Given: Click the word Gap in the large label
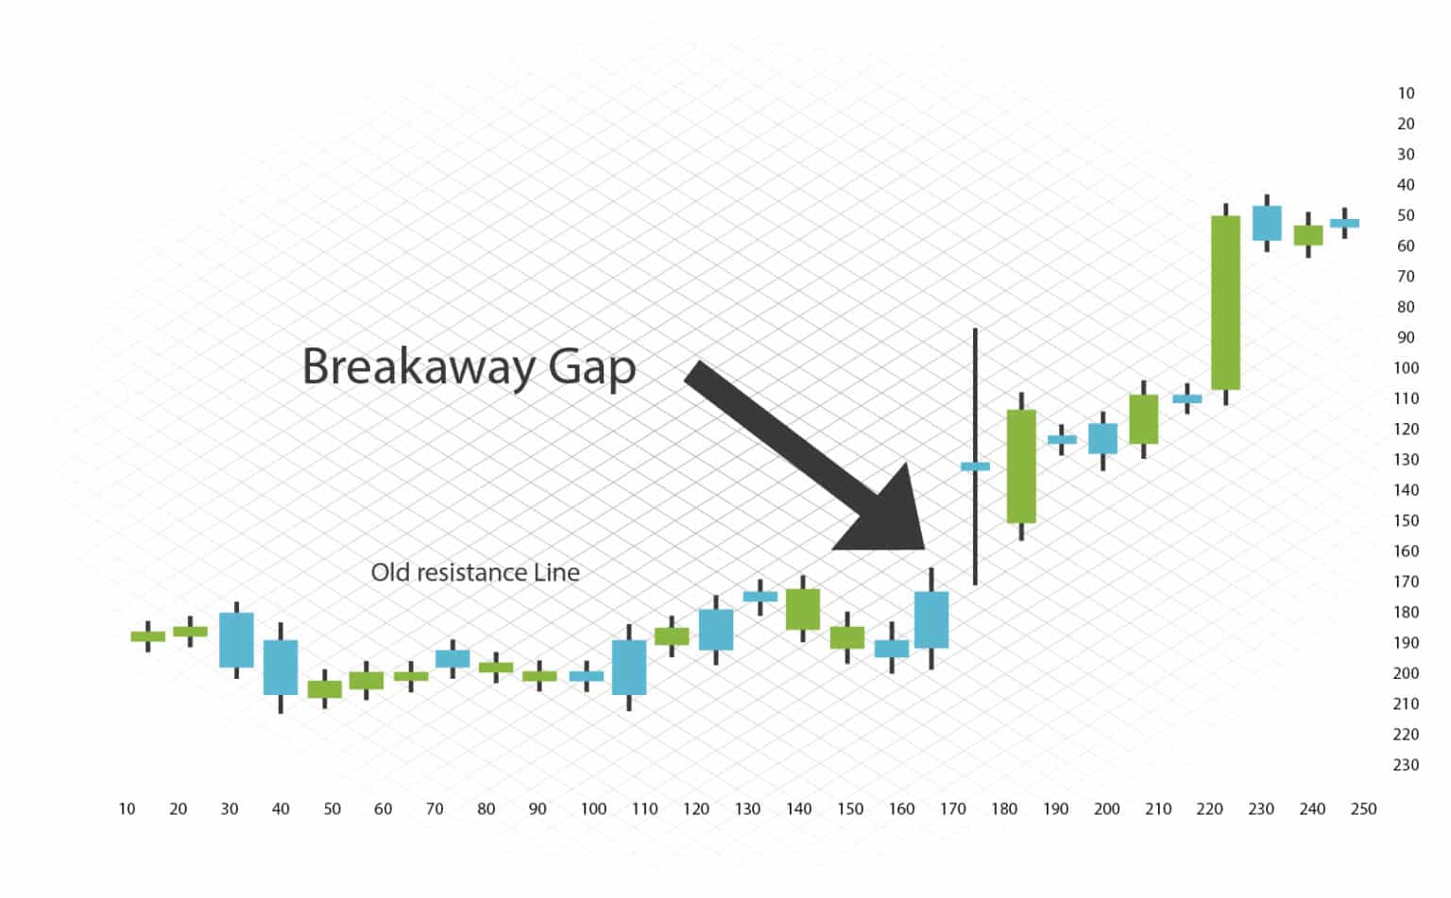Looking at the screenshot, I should click(592, 368).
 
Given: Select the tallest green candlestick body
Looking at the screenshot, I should click(1225, 302).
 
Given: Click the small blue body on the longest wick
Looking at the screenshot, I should click(975, 466).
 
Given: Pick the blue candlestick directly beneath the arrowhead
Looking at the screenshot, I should click(930, 619).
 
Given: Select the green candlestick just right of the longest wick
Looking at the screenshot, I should click(1020, 466).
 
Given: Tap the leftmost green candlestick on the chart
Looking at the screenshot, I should click(148, 636).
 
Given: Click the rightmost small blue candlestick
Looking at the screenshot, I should click(1344, 223).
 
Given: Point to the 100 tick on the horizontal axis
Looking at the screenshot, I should click(593, 809).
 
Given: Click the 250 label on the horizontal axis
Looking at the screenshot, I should click(1363, 809).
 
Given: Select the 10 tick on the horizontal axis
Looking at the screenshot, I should click(127, 809).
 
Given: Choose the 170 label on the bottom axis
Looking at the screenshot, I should click(953, 809).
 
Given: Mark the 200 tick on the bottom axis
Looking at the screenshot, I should click(1106, 809).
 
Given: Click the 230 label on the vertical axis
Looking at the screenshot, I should click(1406, 765).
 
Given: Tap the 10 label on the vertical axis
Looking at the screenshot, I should click(1406, 93).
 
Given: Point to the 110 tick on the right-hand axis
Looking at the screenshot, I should click(1406, 398).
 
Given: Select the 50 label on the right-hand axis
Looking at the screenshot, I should click(1406, 215).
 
